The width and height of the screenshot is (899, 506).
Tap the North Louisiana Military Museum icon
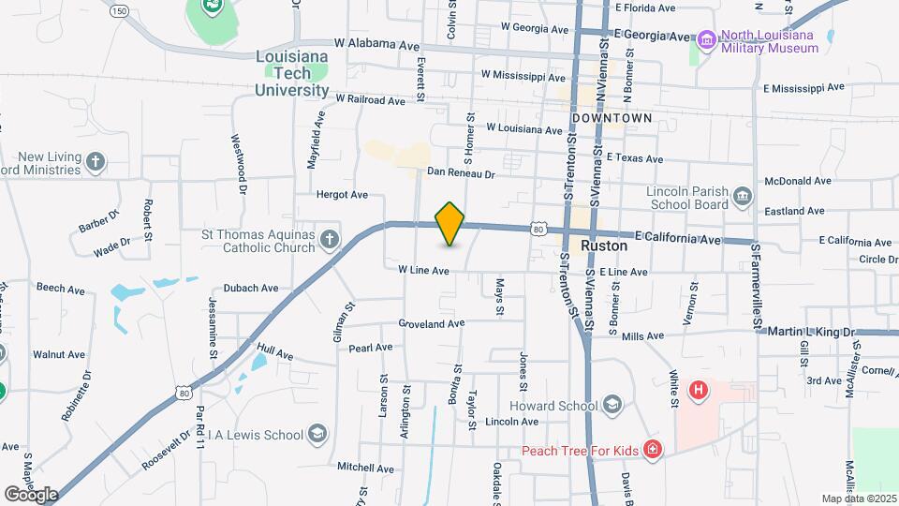[x=706, y=40]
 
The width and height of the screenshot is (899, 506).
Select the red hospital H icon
[x=698, y=389]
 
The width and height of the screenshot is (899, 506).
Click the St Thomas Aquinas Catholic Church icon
[x=329, y=240]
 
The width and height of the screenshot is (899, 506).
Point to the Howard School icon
[x=612, y=405]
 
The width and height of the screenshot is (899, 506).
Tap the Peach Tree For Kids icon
[x=653, y=451]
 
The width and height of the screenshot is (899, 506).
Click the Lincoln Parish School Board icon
[x=743, y=196]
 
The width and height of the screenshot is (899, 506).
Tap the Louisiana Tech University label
[x=292, y=73]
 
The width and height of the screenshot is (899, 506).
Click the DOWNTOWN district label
[x=611, y=118]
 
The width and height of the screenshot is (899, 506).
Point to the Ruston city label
[x=603, y=246]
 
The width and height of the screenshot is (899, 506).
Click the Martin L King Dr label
[x=811, y=332]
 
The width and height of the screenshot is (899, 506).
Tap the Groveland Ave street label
[x=431, y=323]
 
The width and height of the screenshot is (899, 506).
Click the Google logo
[x=31, y=494]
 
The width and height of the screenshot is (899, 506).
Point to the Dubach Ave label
[x=251, y=289]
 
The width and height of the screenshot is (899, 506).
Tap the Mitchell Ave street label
[x=366, y=466]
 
